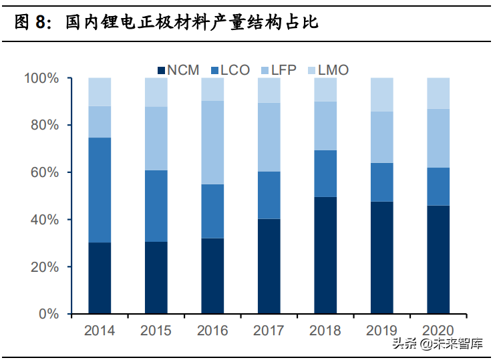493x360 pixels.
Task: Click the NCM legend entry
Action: (178, 70)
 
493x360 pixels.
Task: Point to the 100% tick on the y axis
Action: (41, 79)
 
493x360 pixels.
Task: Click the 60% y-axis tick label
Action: (44, 173)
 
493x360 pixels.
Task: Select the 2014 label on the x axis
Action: (100, 331)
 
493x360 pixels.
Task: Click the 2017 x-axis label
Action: (269, 331)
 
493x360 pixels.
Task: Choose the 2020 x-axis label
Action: (438, 331)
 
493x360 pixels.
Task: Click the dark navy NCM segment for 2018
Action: (325, 255)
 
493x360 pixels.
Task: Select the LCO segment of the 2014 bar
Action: (100, 190)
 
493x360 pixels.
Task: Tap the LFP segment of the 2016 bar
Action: (212, 142)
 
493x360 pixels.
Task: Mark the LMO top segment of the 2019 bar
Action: (382, 94)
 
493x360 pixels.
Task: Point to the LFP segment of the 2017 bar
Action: (269, 137)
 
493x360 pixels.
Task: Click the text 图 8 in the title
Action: (32, 23)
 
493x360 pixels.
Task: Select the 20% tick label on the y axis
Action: (44, 267)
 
